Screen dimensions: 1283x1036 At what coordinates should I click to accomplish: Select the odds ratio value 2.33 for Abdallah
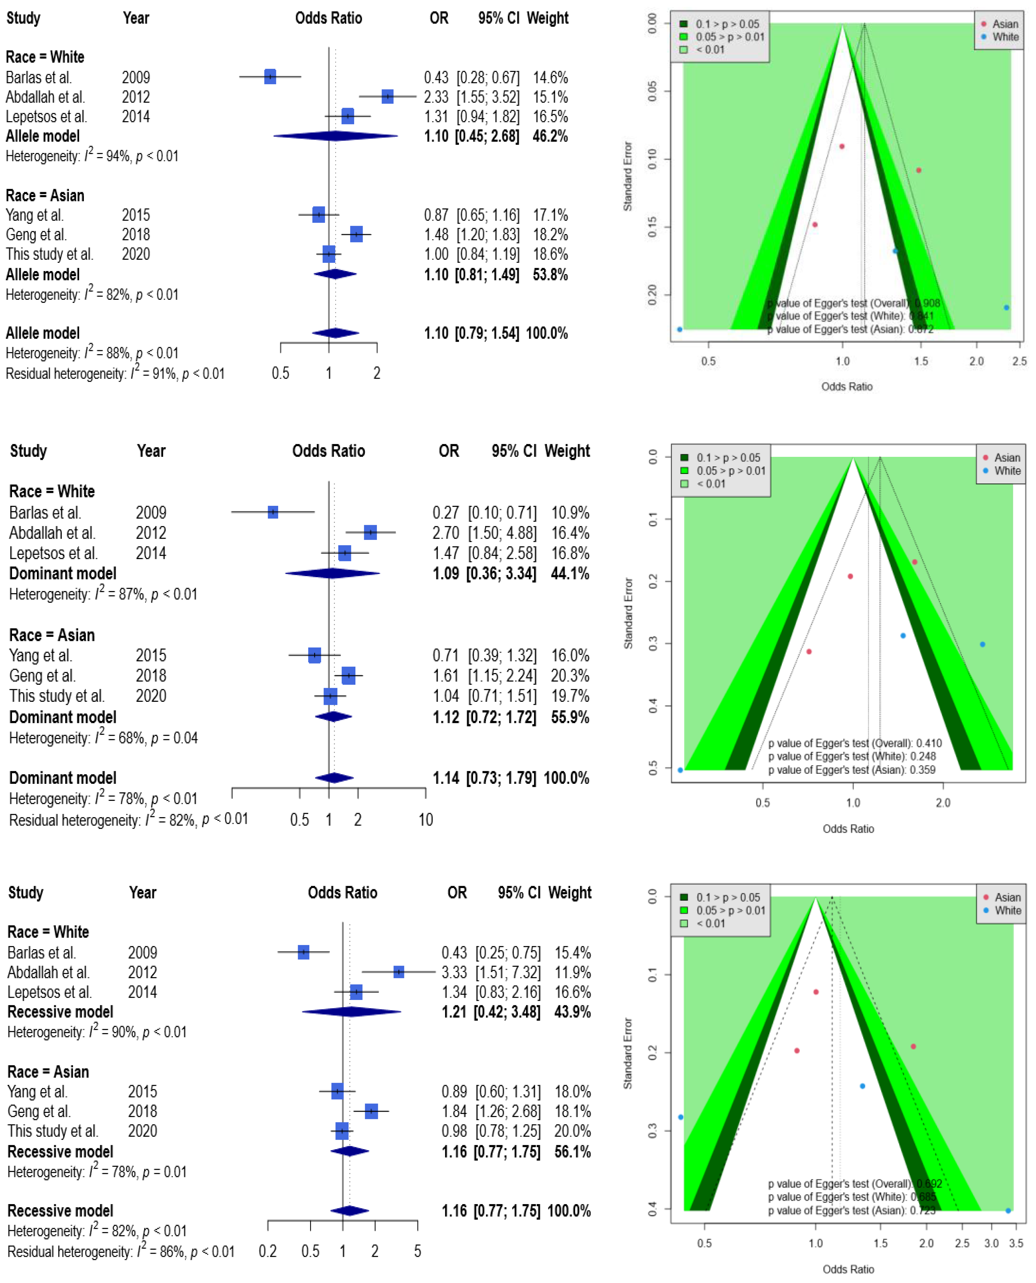[436, 97]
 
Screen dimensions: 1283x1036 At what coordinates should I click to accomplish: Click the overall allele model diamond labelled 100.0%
[335, 333]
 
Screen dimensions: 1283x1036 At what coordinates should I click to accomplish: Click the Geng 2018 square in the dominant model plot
[348, 676]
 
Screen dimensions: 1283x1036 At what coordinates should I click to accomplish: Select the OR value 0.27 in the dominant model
[445, 513]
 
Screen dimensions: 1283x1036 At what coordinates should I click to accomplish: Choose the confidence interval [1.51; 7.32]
[508, 973]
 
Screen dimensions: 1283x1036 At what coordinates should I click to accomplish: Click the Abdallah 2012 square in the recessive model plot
[399, 972]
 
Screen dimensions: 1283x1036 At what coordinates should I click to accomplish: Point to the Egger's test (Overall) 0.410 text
[855, 743]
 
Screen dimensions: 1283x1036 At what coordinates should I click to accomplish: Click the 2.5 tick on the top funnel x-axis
[1019, 361]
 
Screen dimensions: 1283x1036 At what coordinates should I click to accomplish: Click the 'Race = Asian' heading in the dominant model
[52, 635]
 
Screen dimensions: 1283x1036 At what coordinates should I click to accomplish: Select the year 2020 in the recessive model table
[143, 1131]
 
